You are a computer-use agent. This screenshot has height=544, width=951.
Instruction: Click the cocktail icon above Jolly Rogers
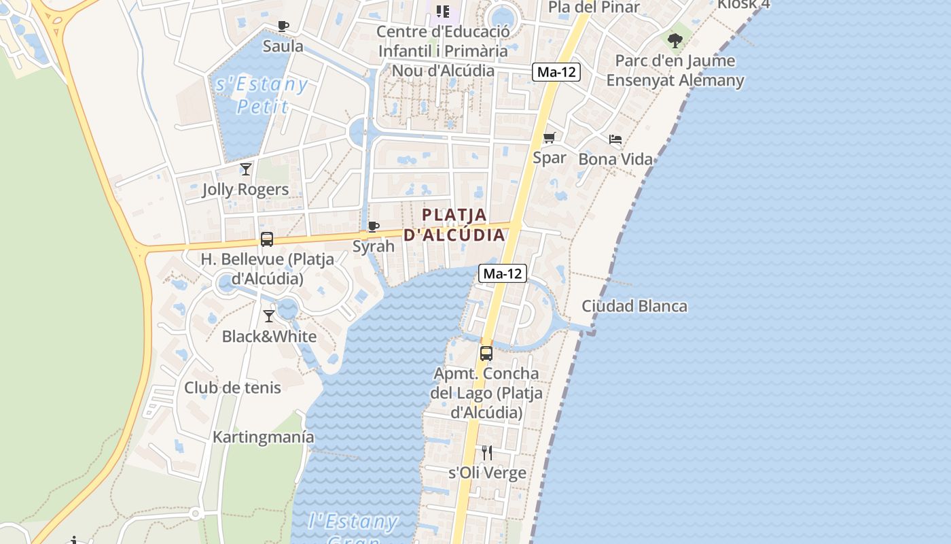click(x=246, y=169)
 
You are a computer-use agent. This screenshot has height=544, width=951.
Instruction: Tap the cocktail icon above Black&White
click(x=269, y=316)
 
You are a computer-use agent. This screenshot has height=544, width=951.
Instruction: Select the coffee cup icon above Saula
click(x=283, y=27)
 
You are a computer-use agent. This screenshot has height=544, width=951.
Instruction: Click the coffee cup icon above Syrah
click(x=373, y=226)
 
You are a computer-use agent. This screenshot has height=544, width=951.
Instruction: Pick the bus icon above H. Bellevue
click(x=267, y=239)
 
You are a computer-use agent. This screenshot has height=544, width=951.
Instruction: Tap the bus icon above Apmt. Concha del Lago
click(x=486, y=353)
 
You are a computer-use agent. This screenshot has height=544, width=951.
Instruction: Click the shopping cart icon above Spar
click(x=550, y=138)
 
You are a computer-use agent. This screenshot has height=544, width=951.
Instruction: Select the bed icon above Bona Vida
click(x=615, y=139)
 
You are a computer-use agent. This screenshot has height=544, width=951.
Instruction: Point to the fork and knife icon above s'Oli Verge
click(x=487, y=452)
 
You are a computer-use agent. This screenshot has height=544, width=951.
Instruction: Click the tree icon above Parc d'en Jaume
click(x=675, y=41)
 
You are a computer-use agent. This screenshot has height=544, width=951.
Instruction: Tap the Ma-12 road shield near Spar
click(x=556, y=72)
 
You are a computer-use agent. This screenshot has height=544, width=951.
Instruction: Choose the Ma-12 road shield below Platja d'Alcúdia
click(x=503, y=273)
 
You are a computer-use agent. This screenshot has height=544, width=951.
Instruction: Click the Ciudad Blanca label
click(x=634, y=306)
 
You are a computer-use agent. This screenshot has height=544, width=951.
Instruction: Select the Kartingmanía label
click(x=264, y=437)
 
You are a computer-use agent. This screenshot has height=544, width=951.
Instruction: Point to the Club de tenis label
click(x=232, y=388)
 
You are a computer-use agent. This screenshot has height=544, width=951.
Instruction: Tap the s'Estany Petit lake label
click(x=262, y=95)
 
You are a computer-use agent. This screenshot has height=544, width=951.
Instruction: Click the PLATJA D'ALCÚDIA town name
click(x=454, y=225)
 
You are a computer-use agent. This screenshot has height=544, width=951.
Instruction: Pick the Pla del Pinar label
click(x=594, y=7)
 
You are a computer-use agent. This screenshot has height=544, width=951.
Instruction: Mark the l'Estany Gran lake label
click(x=353, y=527)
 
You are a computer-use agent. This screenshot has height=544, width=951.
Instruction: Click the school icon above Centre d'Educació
click(x=443, y=11)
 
